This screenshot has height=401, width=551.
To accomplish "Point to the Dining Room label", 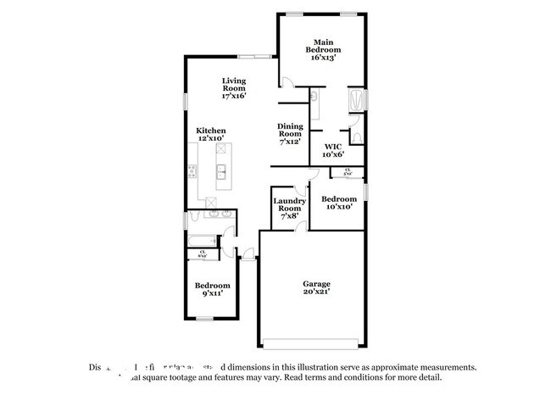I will pos(290,133).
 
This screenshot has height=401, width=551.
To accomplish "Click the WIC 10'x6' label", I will pos(332,150).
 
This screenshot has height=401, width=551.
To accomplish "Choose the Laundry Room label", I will pos(288,208).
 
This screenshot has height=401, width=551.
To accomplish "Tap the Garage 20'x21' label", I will pos(317,287).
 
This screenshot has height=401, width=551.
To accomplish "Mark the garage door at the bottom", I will pos(316,344).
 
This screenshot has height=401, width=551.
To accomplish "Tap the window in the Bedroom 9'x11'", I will pos(203,319).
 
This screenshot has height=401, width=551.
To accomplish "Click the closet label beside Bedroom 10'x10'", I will pos(348,172).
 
